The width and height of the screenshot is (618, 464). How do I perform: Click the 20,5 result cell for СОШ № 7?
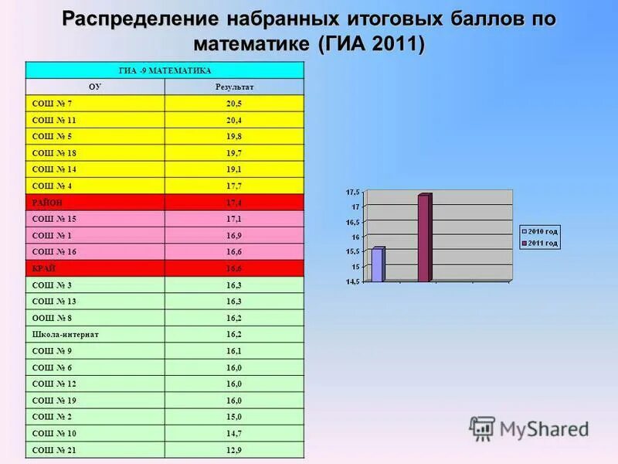(x=234, y=104)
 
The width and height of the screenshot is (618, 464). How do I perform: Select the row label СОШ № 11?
(x=54, y=120)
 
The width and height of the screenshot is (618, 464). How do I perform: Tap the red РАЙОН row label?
(x=47, y=202)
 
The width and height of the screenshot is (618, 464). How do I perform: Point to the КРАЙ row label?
(x=43, y=268)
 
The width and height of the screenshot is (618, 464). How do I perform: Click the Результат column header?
(x=234, y=87)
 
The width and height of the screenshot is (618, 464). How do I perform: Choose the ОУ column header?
(x=95, y=87)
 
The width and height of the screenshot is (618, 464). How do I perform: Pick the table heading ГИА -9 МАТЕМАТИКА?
(x=165, y=70)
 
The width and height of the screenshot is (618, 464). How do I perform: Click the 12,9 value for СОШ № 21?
(x=234, y=449)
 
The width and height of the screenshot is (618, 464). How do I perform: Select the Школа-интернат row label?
(x=65, y=334)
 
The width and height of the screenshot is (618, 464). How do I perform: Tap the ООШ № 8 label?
(x=53, y=317)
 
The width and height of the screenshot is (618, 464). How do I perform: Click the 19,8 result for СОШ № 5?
(x=234, y=136)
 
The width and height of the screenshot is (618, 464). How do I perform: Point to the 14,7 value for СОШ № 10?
(x=234, y=433)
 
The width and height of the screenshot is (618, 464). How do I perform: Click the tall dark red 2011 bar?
(x=423, y=237)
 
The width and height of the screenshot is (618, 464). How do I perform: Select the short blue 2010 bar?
(x=377, y=264)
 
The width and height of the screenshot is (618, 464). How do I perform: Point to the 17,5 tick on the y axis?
(x=352, y=191)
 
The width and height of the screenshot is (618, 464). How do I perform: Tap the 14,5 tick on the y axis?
(x=352, y=281)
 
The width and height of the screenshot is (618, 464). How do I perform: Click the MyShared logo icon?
(x=483, y=428)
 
